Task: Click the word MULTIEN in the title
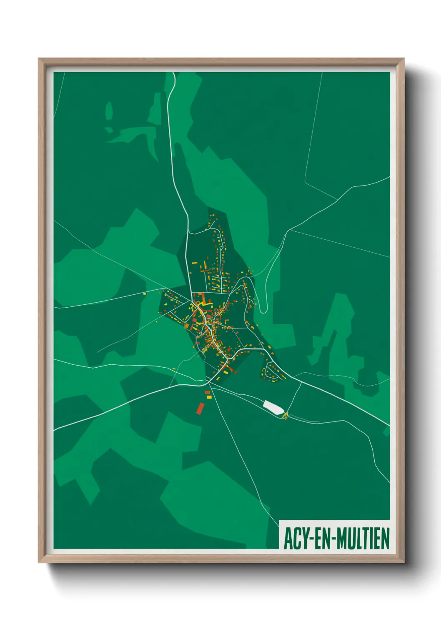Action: [x=363, y=538]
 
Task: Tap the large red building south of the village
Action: [x=200, y=408]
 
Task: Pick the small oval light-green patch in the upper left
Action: [x=109, y=111]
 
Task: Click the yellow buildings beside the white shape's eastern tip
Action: [x=286, y=415]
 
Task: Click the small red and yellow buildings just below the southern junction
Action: [x=208, y=395]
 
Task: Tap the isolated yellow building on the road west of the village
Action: [x=145, y=294]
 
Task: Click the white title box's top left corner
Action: [x=279, y=520]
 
